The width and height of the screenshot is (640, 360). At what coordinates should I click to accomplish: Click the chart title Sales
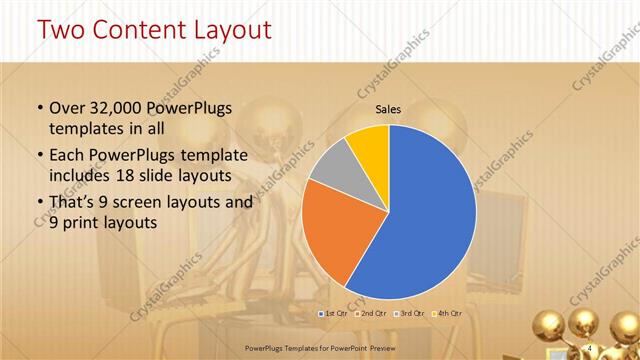pyautogui.click(x=389, y=109)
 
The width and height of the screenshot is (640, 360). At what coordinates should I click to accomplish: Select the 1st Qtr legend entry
pyautogui.click(x=333, y=313)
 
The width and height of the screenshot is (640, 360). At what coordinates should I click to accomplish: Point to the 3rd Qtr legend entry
pyautogui.click(x=411, y=313)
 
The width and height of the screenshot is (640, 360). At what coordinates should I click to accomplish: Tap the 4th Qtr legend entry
pyautogui.click(x=449, y=313)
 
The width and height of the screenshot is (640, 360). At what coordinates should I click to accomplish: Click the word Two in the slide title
pyautogui.click(x=62, y=30)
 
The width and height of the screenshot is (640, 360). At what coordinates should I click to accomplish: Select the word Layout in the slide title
pyautogui.click(x=231, y=30)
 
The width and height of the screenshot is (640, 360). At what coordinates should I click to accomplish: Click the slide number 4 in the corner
pyautogui.click(x=590, y=347)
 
